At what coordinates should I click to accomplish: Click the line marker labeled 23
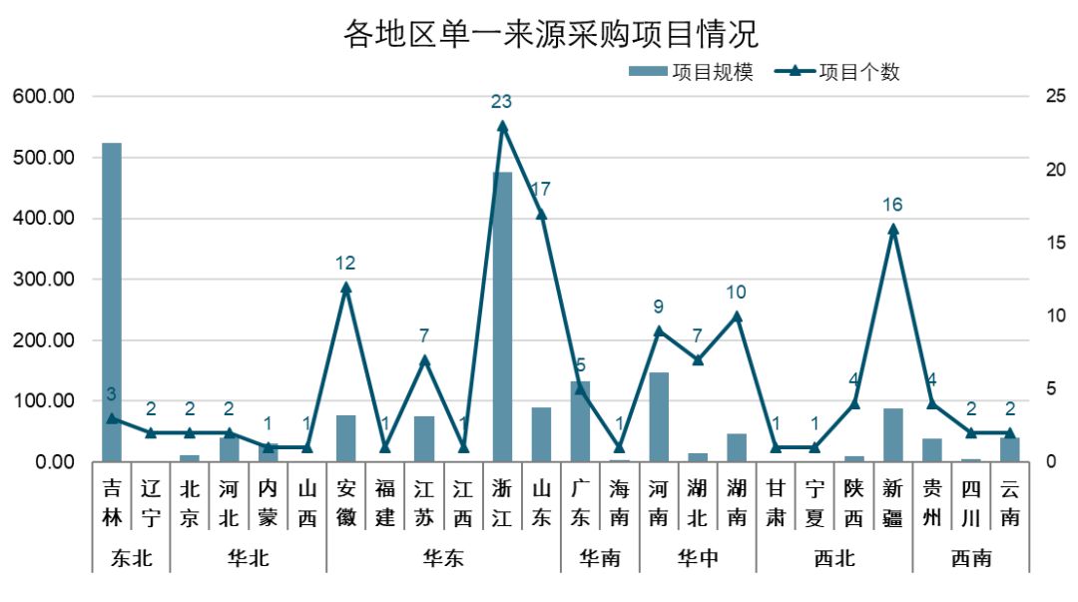click(x=502, y=126)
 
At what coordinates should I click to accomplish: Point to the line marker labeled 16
click(x=893, y=229)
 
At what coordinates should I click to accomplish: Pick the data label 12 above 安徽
click(x=346, y=264)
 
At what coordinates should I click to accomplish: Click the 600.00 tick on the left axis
click(x=44, y=97)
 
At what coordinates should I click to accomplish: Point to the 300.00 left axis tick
click(x=44, y=280)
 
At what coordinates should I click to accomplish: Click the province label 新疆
click(x=893, y=503)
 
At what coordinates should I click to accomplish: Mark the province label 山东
click(x=541, y=503)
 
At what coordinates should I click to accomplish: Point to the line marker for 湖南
click(x=737, y=316)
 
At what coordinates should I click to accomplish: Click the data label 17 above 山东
click(x=541, y=190)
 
